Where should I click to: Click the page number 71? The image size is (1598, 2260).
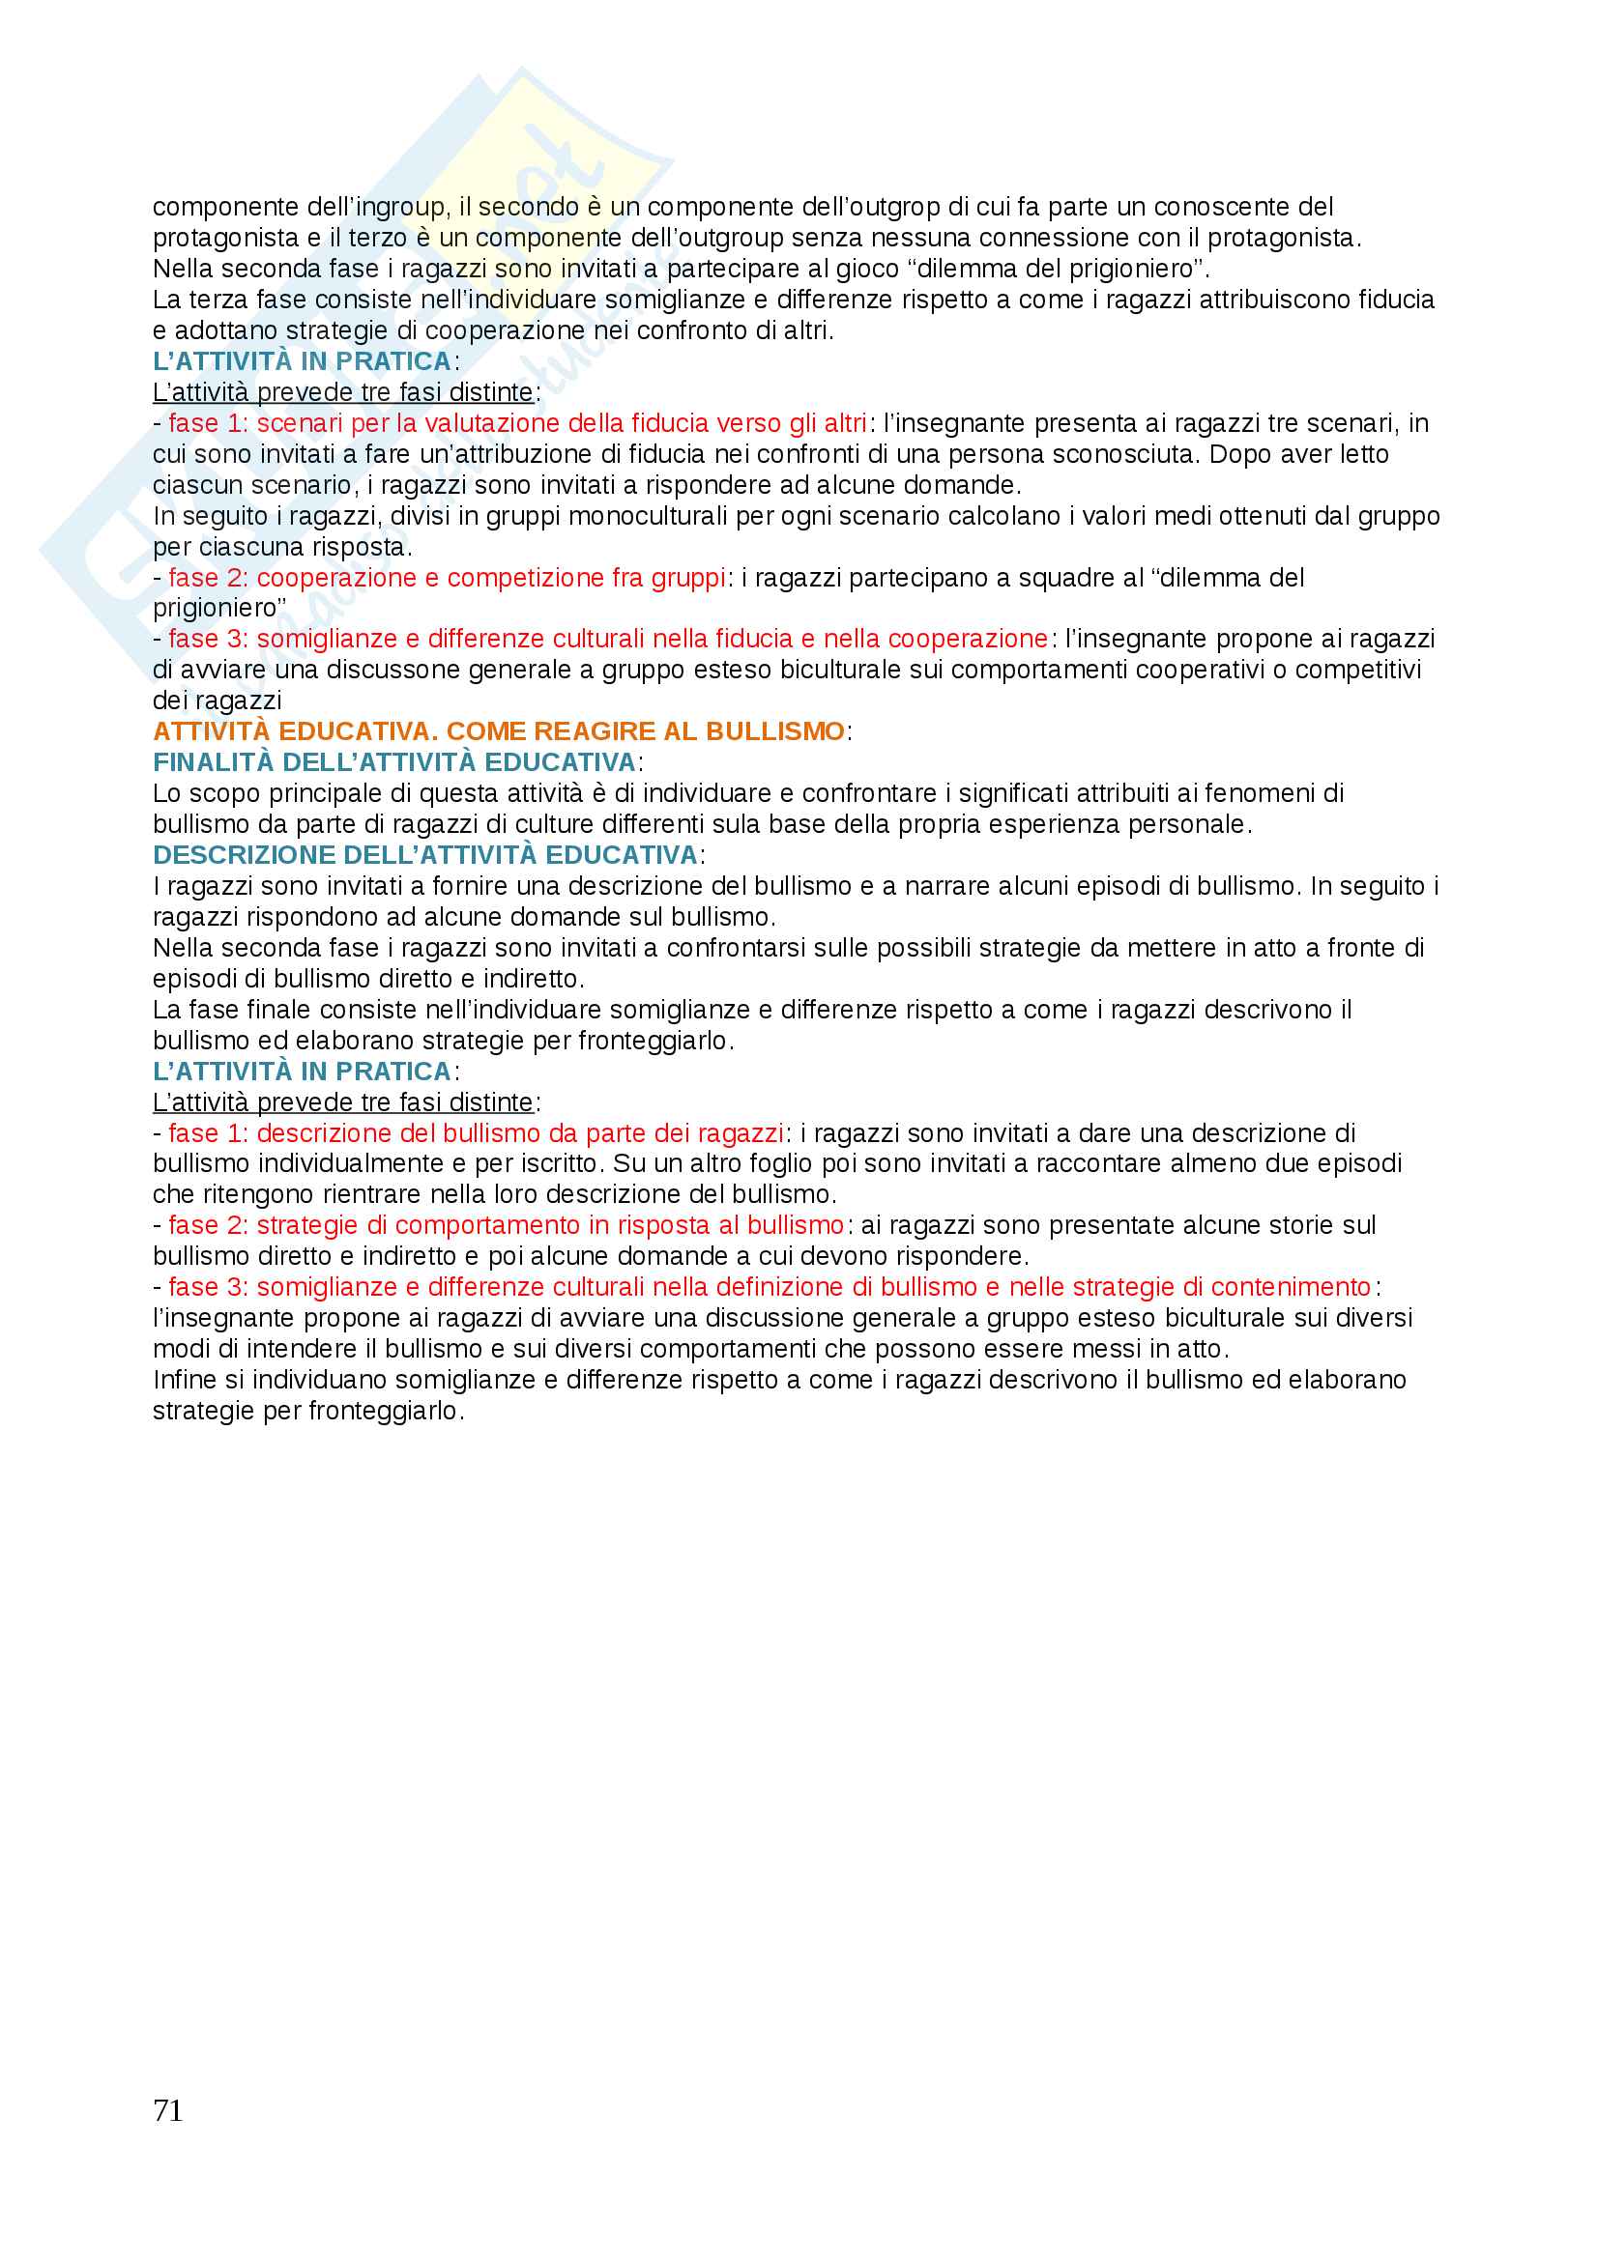(x=167, y=2109)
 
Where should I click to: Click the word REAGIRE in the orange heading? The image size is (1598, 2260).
(x=626, y=731)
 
